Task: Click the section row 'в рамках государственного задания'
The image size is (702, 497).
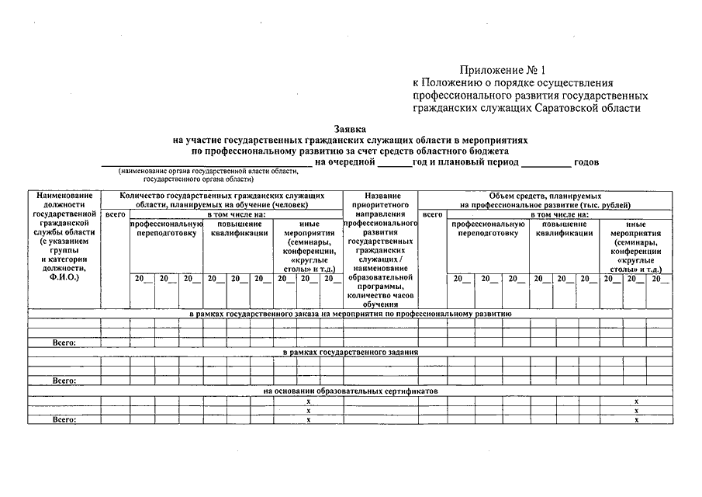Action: pos(351,352)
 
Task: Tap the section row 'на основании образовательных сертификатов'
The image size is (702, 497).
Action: pos(351,391)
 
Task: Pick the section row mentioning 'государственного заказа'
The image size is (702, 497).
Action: pos(351,313)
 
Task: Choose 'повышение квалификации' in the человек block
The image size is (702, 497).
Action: pos(239,228)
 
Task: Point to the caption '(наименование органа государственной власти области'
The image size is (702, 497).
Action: pos(208,170)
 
